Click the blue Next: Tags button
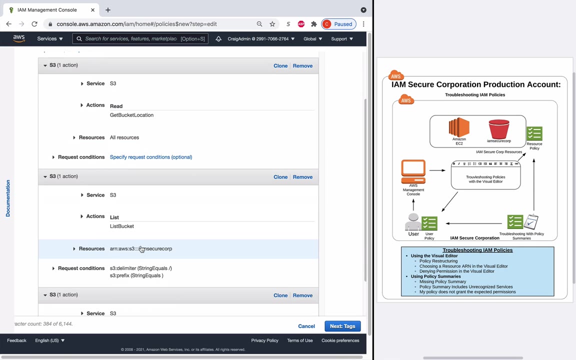point(342,326)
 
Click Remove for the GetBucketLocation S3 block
point(302,65)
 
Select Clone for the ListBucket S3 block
point(280,177)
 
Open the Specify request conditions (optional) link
point(150,157)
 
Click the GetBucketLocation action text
point(131,115)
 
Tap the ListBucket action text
point(122,226)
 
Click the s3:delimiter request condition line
point(140,268)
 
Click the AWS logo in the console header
point(19,38)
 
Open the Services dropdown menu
point(49,38)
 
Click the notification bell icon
point(218,38)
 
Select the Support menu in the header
point(341,38)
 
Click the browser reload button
point(34,24)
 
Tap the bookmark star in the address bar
point(272,24)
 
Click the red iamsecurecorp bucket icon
point(498,129)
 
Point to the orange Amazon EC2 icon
point(459,127)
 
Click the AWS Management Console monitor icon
point(413,172)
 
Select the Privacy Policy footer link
point(264,340)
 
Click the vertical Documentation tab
point(8,198)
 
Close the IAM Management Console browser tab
point(92,10)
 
